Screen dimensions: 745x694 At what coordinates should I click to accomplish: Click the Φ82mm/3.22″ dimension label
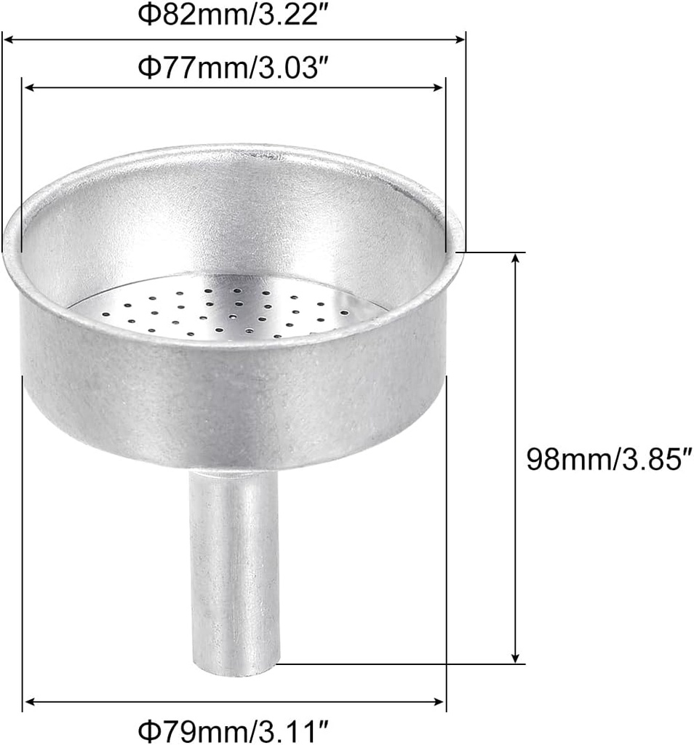[234, 15]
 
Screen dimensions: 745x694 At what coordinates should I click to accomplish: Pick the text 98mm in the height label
[567, 459]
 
